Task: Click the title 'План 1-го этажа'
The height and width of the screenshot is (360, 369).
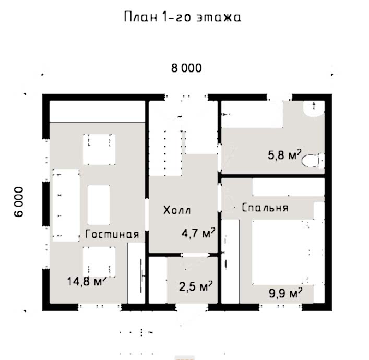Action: coord(183,17)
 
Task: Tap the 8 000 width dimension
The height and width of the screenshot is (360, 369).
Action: coord(186,68)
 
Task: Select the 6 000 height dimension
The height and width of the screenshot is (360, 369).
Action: coord(19,201)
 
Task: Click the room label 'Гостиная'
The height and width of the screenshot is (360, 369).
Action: coord(112,234)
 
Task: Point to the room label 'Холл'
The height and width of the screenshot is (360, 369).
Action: coord(177,210)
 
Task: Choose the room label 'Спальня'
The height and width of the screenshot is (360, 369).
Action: coord(265,208)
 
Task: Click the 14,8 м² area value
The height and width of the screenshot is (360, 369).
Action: coord(86,281)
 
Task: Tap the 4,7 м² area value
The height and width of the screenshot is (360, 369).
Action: coord(198,233)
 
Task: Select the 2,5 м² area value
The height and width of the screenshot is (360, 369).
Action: coord(196,286)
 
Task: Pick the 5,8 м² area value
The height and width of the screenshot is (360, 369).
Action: coord(284,154)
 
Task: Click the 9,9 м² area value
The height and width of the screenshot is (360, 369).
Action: coord(285,293)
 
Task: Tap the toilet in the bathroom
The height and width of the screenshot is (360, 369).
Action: coord(313,160)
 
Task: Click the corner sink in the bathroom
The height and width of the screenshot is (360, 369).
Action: coord(314,108)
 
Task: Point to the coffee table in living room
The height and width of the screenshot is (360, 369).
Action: coord(99,205)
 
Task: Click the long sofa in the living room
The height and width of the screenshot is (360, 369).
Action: coord(66,205)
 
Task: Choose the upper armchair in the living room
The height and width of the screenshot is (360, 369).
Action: coord(99,149)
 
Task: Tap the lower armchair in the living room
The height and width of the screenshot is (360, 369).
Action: coord(99,261)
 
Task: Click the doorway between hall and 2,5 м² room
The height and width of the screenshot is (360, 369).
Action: coord(195,255)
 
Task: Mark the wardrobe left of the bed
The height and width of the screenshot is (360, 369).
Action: coord(230,261)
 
